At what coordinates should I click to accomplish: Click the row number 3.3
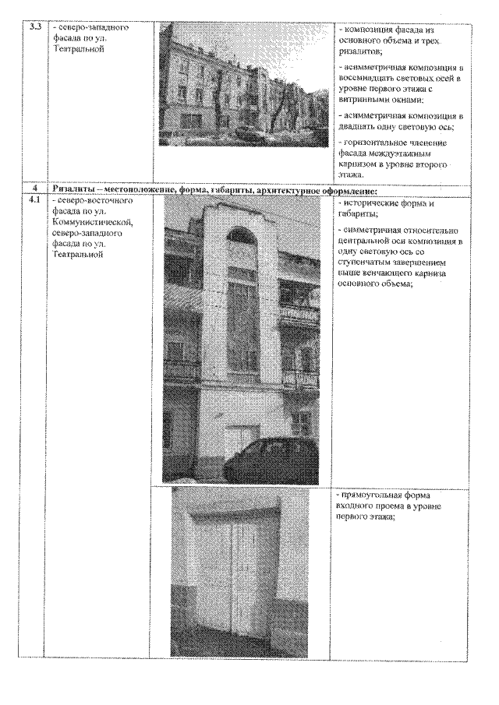point(34,28)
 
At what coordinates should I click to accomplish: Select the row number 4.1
point(34,200)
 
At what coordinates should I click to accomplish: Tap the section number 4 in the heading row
point(34,189)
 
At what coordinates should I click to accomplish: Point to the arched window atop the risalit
point(241,236)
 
